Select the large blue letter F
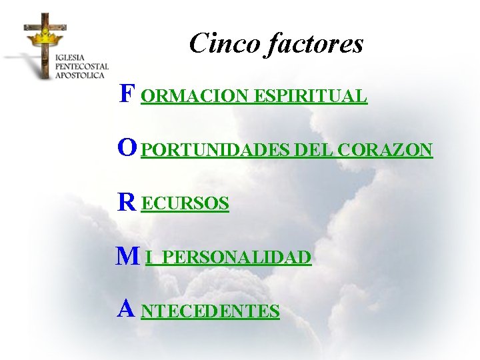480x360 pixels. (x=126, y=94)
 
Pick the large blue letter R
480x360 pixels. (x=127, y=202)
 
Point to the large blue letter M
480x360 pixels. (x=127, y=256)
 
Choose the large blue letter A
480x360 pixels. (x=127, y=309)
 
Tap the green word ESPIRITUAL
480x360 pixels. (x=309, y=97)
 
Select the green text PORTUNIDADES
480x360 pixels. (x=216, y=151)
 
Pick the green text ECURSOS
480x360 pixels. (x=186, y=204)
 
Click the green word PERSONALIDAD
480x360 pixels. (x=237, y=258)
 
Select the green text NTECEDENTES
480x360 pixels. (x=211, y=311)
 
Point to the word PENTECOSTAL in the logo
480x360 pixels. (x=81, y=67)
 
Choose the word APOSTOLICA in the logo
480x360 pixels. (x=80, y=75)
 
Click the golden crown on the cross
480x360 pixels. (x=44, y=35)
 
